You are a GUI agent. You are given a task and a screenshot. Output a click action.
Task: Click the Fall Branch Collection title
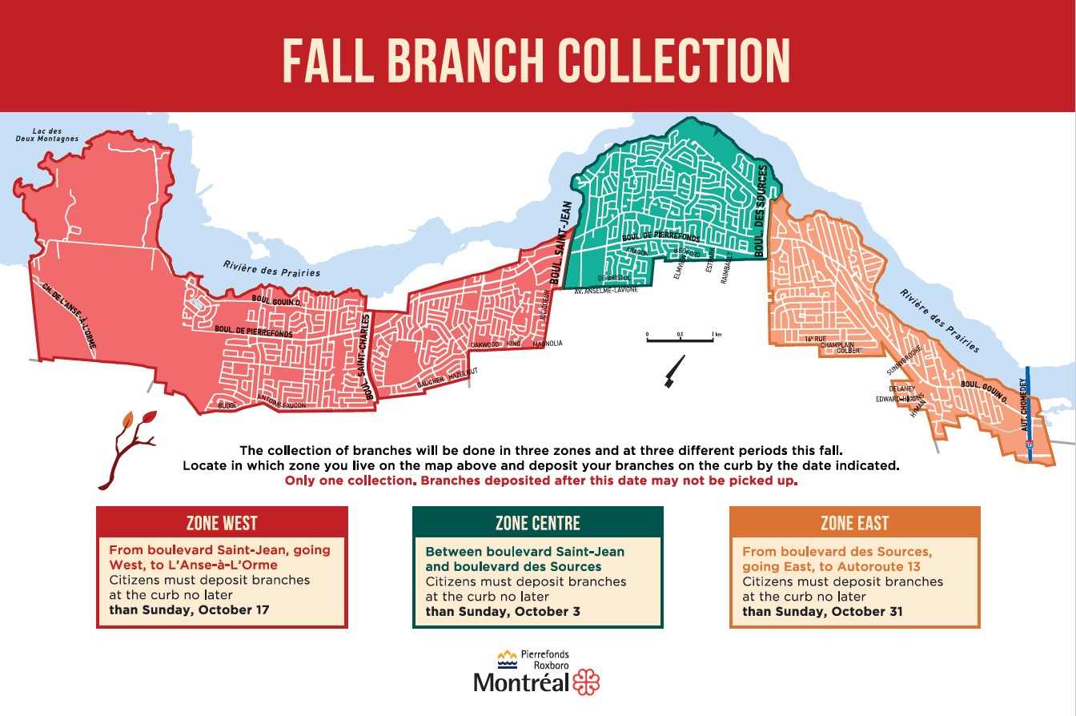[x=537, y=58]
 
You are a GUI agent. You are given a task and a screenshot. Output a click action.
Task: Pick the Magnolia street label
[x=548, y=344]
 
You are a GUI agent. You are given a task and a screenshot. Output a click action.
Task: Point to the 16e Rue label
[x=815, y=340]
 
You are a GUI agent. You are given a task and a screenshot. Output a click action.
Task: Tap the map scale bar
[x=679, y=339]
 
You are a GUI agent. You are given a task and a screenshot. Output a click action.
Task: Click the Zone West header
[x=222, y=524]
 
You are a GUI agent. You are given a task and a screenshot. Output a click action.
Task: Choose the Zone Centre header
[x=537, y=524]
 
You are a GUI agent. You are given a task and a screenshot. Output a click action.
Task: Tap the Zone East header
[x=854, y=524]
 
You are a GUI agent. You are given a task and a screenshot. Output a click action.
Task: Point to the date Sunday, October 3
[x=503, y=612]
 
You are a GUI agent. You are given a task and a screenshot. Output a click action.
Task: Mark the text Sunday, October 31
[x=822, y=612]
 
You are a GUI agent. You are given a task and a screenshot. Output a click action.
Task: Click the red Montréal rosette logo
[x=586, y=682]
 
